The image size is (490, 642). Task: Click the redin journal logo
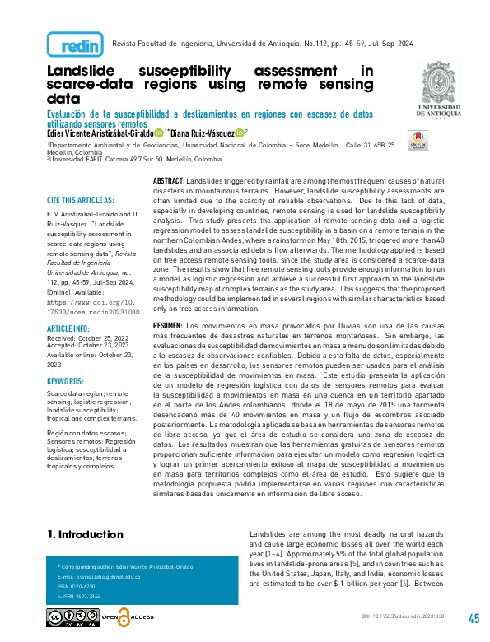[x=75, y=44]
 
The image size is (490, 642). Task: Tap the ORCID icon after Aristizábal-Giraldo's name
[x=159, y=133]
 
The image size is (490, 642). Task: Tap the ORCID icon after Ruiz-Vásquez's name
[x=239, y=133]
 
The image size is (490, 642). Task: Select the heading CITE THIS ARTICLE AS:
[x=80, y=200]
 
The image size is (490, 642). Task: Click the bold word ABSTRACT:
[x=170, y=179]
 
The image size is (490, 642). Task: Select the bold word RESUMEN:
[x=170, y=304]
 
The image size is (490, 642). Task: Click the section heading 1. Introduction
[x=85, y=535]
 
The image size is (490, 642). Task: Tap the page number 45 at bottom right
[x=474, y=619]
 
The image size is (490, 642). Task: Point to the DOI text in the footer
[x=408, y=616]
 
